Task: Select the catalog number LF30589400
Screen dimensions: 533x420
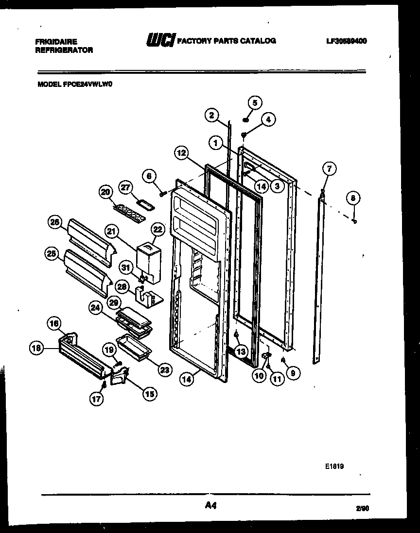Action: click(x=347, y=41)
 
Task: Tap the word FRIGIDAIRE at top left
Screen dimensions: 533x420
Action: click(x=56, y=42)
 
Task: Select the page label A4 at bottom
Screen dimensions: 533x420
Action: click(x=210, y=506)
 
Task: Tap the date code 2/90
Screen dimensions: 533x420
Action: click(x=362, y=508)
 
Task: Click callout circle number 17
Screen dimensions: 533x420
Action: click(x=97, y=399)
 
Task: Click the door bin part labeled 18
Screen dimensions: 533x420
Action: click(x=80, y=357)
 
